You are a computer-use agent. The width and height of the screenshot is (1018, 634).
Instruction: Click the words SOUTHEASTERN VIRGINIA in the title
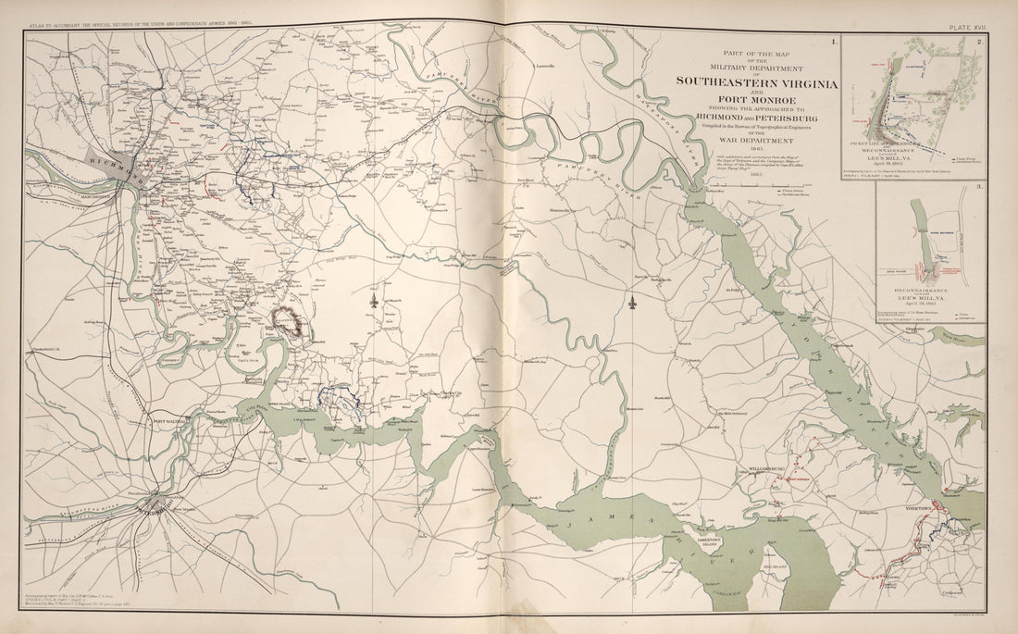tap(757, 83)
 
